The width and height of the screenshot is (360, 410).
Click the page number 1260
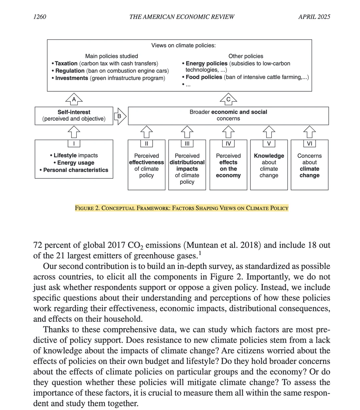(40, 17)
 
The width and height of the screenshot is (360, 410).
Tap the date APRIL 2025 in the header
(314, 17)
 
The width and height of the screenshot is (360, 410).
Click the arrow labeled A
(74, 99)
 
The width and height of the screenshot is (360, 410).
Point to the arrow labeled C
(228, 99)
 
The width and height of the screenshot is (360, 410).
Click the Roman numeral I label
(74, 144)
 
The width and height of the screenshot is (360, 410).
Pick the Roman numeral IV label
(228, 144)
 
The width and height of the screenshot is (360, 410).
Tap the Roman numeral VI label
(310, 144)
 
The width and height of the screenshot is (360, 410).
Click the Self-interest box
(74, 116)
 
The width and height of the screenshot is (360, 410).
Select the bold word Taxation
(66, 63)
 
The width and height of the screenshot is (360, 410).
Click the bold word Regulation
(70, 71)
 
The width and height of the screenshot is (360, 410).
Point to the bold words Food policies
(204, 77)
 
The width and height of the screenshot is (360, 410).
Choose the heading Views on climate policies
(183, 45)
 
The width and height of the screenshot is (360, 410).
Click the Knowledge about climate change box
(269, 165)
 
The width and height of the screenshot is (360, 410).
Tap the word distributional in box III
(187, 162)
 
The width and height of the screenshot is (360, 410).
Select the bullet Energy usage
(76, 163)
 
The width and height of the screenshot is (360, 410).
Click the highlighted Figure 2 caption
(182, 208)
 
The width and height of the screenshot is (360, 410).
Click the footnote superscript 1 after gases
(200, 253)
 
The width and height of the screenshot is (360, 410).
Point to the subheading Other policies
(246, 56)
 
